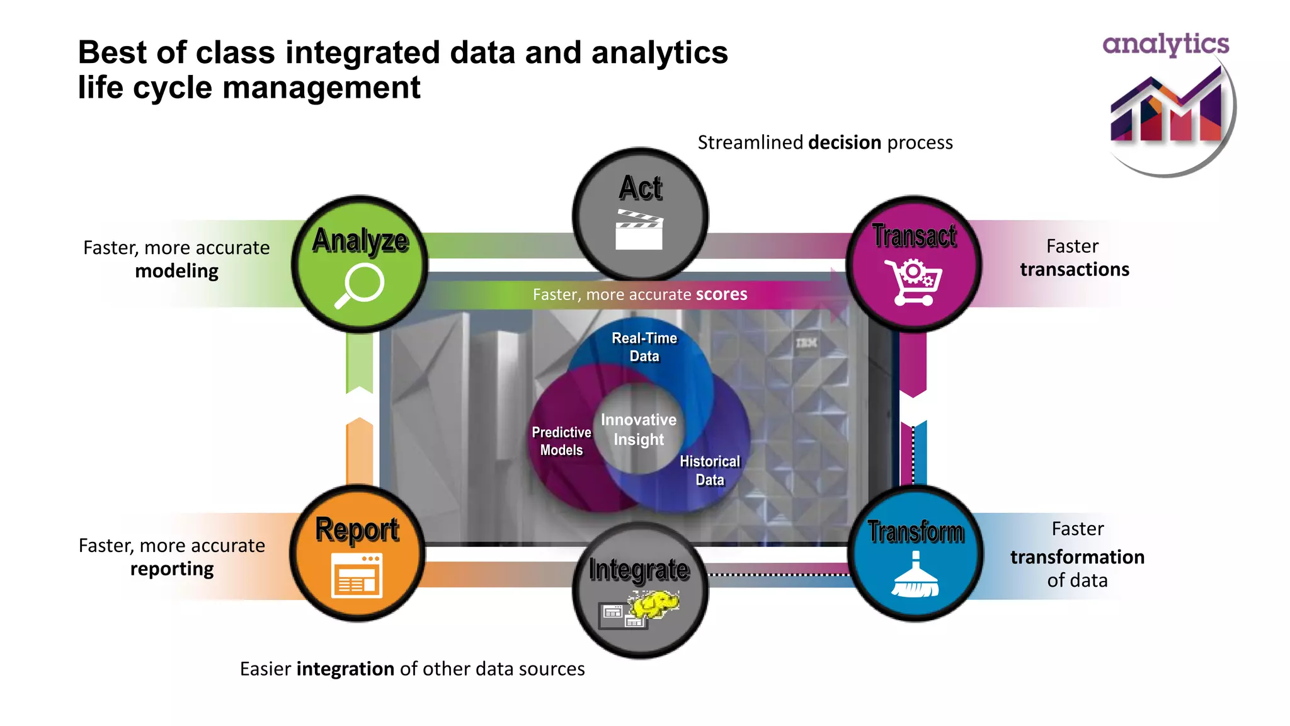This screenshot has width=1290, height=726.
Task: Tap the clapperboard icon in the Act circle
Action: pos(639,229)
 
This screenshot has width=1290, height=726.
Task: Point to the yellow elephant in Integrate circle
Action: pos(656,604)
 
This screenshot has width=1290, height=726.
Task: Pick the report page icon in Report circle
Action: pos(357,575)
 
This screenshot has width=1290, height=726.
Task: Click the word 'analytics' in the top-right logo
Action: pos(1165,44)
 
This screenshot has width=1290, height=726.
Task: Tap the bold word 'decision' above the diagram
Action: pos(844,142)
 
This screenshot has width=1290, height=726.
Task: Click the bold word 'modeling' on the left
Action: pos(176,271)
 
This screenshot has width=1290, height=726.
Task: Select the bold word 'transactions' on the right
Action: pos(1075,270)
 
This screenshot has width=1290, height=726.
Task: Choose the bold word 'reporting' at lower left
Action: pos(172,568)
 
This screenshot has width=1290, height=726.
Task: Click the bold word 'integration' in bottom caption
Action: pos(345,669)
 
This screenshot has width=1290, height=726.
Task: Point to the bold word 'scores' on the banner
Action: pos(721,294)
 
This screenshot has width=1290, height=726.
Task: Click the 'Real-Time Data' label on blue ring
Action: pos(644,347)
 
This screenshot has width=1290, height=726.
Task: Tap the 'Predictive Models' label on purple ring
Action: pos(561,441)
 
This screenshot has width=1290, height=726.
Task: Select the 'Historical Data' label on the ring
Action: pos(710,470)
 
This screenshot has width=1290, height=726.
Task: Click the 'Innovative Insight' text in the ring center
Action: pos(639,430)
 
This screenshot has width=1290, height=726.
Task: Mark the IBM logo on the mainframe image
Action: pos(806,343)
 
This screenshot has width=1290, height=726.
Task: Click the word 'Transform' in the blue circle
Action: pos(916,532)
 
